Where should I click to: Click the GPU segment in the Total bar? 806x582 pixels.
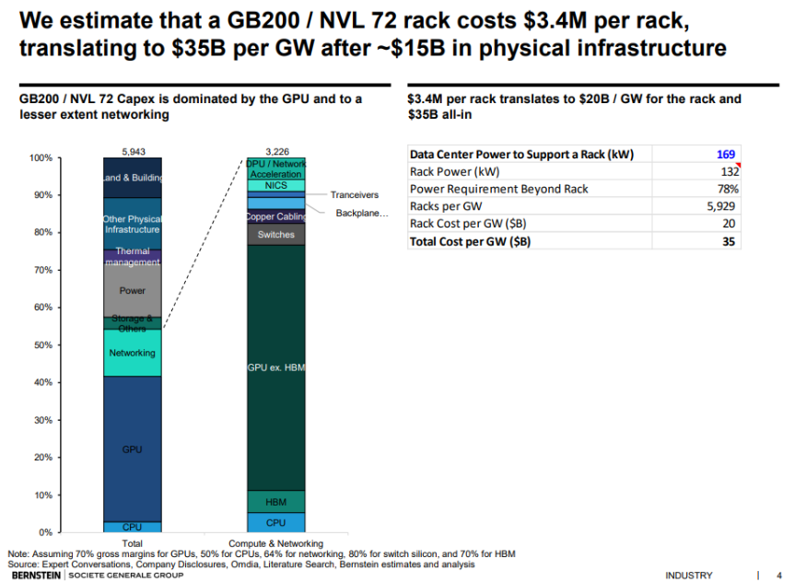coord(132,448)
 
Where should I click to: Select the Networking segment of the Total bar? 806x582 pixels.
coord(132,353)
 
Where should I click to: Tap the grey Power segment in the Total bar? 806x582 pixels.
coord(132,290)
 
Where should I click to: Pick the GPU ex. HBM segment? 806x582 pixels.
coord(275,367)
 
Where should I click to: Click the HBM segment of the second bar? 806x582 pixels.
coord(275,502)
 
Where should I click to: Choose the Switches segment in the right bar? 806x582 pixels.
coord(275,235)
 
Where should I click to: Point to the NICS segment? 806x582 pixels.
coord(275,185)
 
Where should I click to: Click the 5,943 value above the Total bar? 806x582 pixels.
coord(133,151)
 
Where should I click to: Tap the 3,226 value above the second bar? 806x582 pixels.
coord(276,151)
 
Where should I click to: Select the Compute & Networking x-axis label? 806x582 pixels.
coord(276,543)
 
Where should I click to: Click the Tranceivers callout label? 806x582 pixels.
coord(355,195)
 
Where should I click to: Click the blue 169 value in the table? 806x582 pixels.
coord(725,155)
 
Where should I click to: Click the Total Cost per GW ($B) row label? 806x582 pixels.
coord(470,241)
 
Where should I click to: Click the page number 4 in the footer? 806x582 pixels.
coord(778,576)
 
